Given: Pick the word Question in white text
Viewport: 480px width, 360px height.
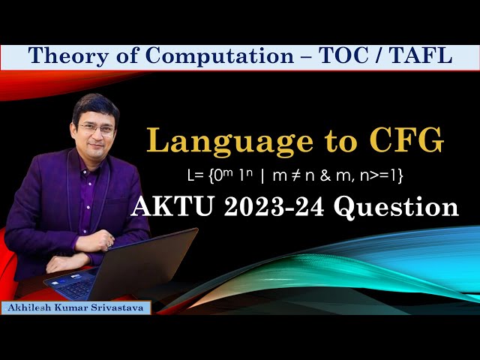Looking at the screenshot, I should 397,207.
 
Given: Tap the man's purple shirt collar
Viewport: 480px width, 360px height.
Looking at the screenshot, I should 94,169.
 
